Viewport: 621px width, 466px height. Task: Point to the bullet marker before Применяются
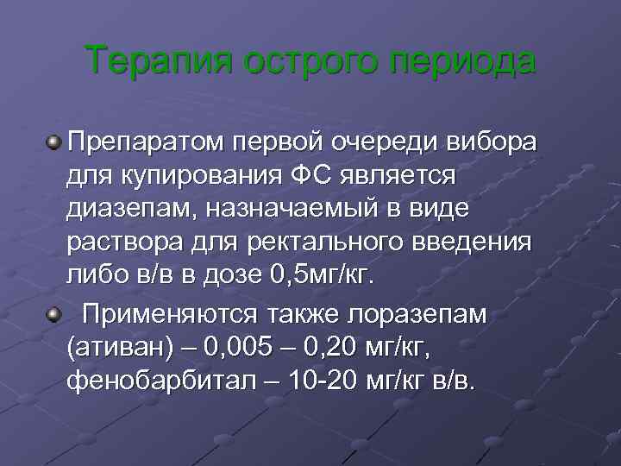point(54,314)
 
